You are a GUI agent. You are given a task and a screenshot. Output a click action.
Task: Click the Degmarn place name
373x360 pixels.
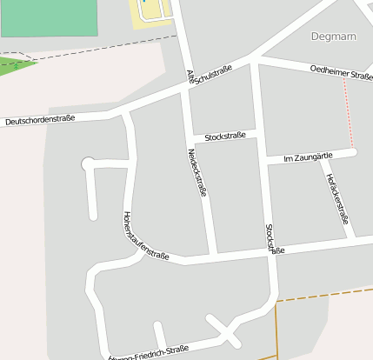(x=334, y=36)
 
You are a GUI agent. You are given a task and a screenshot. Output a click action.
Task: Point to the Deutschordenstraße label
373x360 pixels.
(x=40, y=120)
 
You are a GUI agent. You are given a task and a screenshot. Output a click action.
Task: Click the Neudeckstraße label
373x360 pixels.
(x=197, y=171)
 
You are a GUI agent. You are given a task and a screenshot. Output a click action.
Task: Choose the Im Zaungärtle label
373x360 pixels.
(x=309, y=157)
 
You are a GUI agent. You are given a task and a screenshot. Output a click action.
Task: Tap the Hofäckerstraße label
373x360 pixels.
(x=337, y=199)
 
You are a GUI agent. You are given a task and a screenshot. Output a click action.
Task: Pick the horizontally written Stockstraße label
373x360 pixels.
(x=224, y=137)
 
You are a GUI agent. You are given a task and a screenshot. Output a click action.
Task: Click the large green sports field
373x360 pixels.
(x=49, y=17)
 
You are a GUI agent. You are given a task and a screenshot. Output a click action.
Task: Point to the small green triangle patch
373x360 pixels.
(x=14, y=66)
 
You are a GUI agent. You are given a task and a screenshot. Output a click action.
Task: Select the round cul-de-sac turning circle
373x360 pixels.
(x=87, y=163)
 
